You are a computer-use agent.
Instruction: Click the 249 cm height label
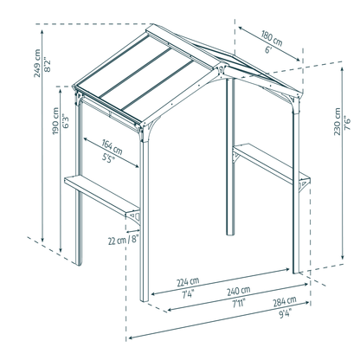tap(37, 63)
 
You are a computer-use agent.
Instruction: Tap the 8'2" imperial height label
tap(47, 64)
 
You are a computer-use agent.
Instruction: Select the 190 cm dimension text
tap(55, 121)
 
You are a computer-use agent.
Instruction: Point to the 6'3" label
tap(65, 121)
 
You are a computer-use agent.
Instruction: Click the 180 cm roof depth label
tap(272, 38)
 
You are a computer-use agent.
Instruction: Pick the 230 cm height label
tap(337, 121)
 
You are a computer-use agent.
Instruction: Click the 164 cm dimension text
tap(112, 147)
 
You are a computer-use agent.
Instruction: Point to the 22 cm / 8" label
tap(124, 240)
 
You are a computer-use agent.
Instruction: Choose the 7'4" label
tap(188, 293)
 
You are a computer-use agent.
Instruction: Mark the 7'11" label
tap(239, 304)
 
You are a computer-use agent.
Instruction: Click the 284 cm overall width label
tap(285, 301)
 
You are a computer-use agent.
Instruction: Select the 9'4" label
tap(285, 313)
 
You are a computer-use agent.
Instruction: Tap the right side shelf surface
tap(271, 163)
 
